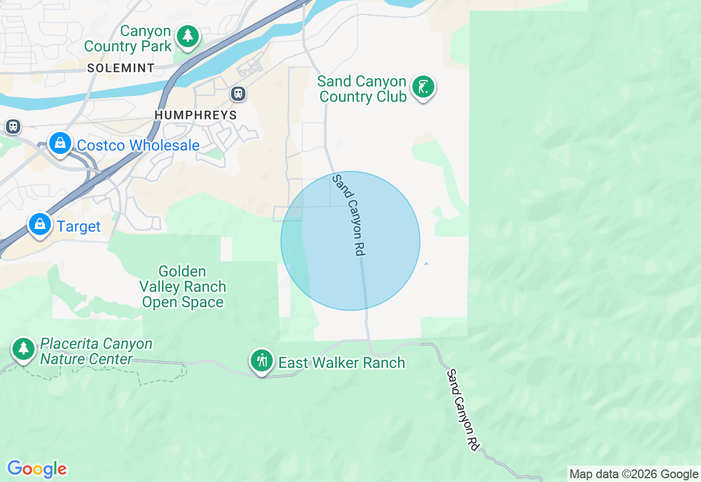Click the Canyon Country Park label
tap(128, 39)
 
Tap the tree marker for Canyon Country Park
tap(188, 36)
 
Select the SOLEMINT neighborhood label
tap(120, 68)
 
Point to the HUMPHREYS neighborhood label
tap(196, 115)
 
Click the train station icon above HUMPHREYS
tap(238, 94)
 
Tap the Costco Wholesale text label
tap(138, 146)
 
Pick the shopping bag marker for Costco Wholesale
tap(60, 144)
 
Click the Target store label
tap(79, 227)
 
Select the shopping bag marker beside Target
tap(40, 225)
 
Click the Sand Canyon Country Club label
tap(362, 89)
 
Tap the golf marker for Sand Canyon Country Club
tap(423, 87)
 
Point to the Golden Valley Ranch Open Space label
tap(182, 287)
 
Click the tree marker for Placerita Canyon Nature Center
tap(23, 348)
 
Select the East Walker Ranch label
tap(342, 363)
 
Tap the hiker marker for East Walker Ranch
tap(262, 360)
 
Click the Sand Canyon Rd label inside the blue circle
tap(349, 215)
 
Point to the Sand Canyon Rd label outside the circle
tap(463, 410)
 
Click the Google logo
tap(37, 469)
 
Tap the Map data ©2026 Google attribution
tap(634, 474)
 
